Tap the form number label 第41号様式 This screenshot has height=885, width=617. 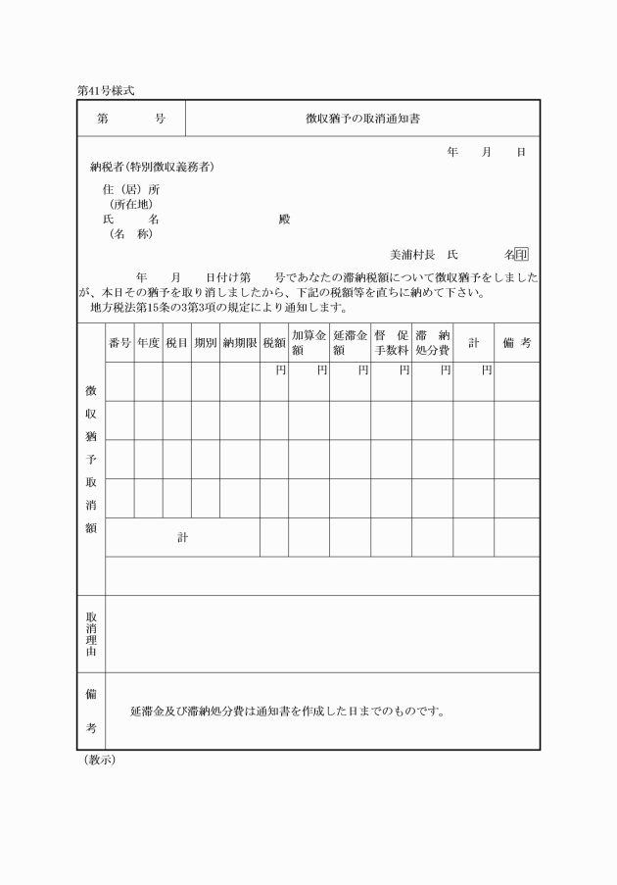(x=105, y=90)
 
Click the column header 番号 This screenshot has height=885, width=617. (x=119, y=343)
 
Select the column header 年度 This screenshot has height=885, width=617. (x=148, y=343)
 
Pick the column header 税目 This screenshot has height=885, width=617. (x=176, y=343)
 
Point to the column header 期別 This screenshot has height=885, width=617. (x=205, y=343)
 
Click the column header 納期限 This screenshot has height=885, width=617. (x=239, y=343)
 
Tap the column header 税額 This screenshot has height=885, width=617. (x=273, y=343)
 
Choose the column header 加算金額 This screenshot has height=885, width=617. (x=308, y=343)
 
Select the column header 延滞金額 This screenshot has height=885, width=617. (x=349, y=343)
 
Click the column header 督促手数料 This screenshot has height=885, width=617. (x=390, y=343)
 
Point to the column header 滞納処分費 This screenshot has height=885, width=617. (x=431, y=343)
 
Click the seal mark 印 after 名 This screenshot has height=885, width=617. (x=522, y=255)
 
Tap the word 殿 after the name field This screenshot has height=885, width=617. (x=284, y=220)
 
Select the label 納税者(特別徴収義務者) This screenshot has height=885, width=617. (x=152, y=167)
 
